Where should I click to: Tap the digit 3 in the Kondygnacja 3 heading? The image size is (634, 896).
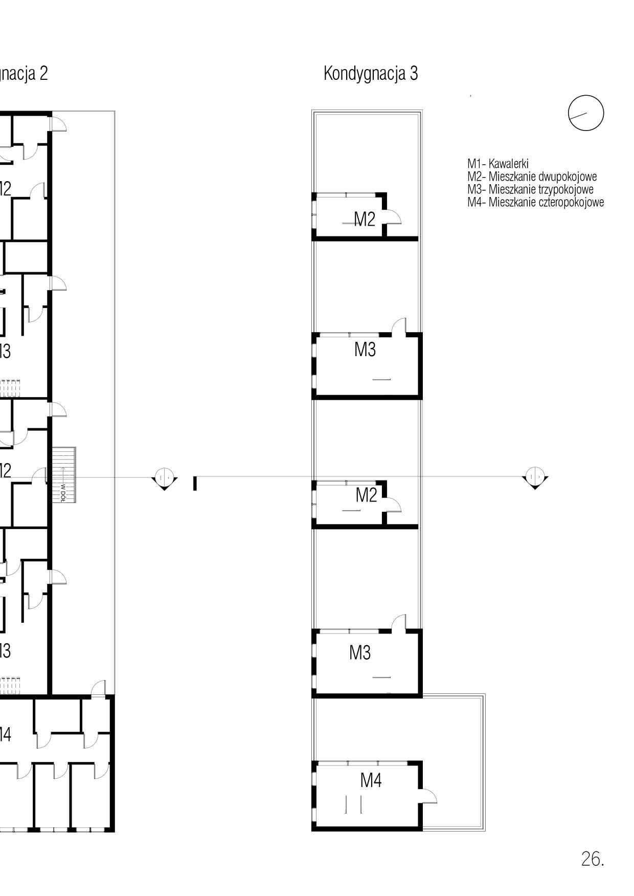click(413, 74)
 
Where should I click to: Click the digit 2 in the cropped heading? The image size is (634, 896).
click(43, 74)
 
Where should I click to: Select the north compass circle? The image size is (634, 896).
click(586, 113)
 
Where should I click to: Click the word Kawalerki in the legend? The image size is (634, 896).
click(508, 164)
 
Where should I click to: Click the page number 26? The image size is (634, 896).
click(592, 859)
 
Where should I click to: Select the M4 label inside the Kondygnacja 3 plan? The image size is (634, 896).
click(371, 780)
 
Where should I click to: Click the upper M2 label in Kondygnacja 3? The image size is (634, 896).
click(365, 219)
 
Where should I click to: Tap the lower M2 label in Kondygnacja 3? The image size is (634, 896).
click(366, 495)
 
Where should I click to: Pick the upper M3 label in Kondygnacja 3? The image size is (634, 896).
click(365, 349)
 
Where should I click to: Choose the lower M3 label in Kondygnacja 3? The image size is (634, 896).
click(360, 652)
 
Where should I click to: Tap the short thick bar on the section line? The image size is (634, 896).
click(195, 483)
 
